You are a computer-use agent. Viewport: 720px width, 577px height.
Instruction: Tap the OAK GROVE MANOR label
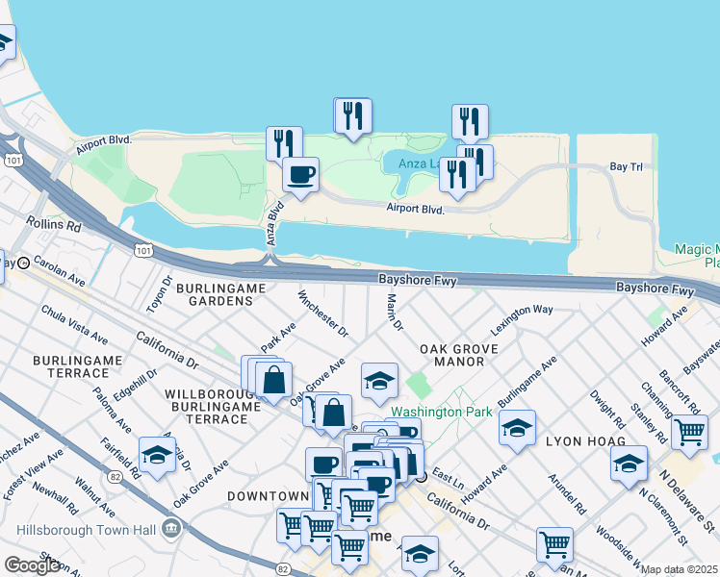458,355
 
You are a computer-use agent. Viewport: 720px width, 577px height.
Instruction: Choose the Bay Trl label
626,167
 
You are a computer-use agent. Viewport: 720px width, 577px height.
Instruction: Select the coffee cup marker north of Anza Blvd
300,175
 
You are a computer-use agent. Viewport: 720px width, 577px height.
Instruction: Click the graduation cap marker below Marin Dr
379,381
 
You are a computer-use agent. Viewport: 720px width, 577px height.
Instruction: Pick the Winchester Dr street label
322,314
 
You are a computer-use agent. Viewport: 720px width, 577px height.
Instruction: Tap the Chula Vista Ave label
73,323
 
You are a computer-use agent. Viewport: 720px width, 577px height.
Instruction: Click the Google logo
32,565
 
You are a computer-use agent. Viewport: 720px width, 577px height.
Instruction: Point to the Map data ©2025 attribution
680,569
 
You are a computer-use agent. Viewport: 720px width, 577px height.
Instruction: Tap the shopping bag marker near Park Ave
274,378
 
